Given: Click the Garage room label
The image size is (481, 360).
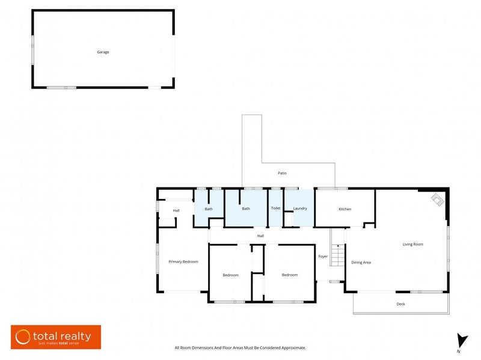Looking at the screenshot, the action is coord(103,52).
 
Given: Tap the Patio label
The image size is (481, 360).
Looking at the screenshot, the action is coord(282,173).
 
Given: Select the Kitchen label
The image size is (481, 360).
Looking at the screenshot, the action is coord(345,209).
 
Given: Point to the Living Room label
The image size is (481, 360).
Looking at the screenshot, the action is coord(413,245).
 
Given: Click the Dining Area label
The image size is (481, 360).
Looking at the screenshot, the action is coord(361,263).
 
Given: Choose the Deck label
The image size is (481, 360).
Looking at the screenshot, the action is coord(400,304).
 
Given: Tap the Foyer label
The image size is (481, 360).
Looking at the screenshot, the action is coord(323,257).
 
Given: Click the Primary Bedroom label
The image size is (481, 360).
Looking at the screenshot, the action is coord(183,262).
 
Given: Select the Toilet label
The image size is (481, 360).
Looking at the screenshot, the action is coord(276,208).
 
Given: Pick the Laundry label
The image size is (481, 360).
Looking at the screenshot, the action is coord(300,209).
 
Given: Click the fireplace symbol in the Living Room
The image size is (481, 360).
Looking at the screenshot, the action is coord(438,200).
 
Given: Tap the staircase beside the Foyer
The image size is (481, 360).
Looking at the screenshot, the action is coord(338,255).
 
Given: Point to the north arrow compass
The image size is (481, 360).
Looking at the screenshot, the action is coord(461,341).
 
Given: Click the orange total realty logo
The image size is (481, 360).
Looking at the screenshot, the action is coord(56,337).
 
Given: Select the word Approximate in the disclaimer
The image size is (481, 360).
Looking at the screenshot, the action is coord(293,348).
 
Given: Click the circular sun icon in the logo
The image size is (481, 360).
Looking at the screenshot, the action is coord(23,337).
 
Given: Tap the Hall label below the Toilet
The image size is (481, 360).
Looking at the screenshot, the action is coord(260,236).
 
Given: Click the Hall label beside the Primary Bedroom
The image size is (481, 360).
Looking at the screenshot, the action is coord(176,211).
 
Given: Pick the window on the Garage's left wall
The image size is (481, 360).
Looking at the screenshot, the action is coord(32,50).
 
